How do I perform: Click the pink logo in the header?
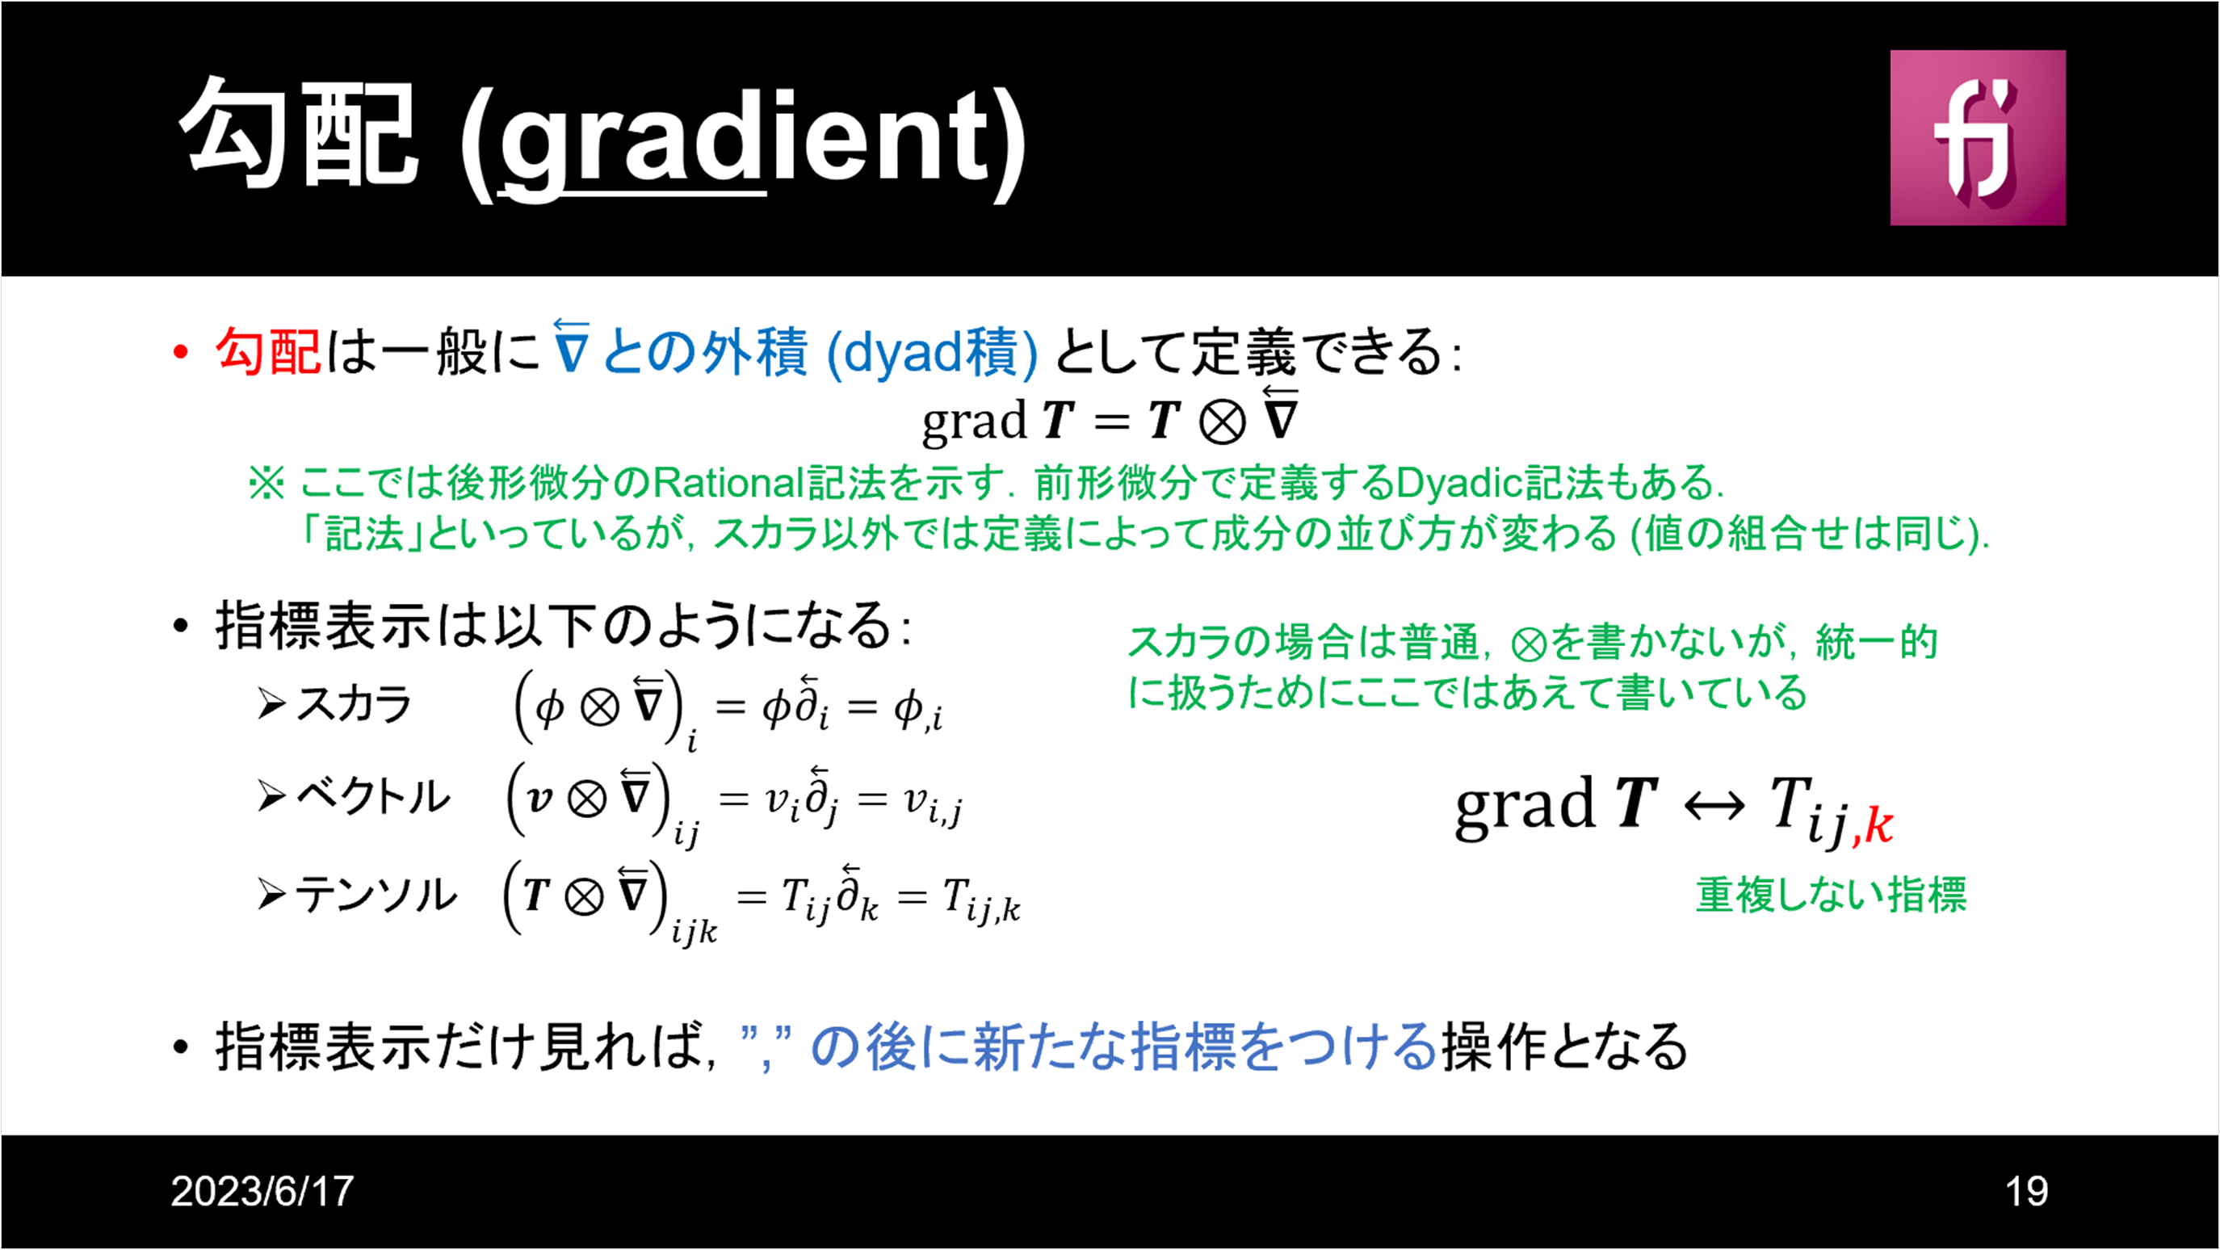coord(1978,138)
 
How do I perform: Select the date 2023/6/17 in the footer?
coord(262,1191)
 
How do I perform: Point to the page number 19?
coord(2026,1191)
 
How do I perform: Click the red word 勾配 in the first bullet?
coord(268,351)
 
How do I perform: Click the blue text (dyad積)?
coord(932,352)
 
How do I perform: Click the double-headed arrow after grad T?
coord(1714,807)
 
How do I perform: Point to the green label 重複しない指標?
coord(1832,895)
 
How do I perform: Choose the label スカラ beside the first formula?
coord(354,705)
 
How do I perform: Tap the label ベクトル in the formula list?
coord(372,796)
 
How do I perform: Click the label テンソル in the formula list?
coord(375,894)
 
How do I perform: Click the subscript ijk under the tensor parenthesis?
coord(694,931)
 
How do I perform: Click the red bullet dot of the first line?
coord(180,351)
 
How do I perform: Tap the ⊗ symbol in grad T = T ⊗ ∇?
coord(1222,423)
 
